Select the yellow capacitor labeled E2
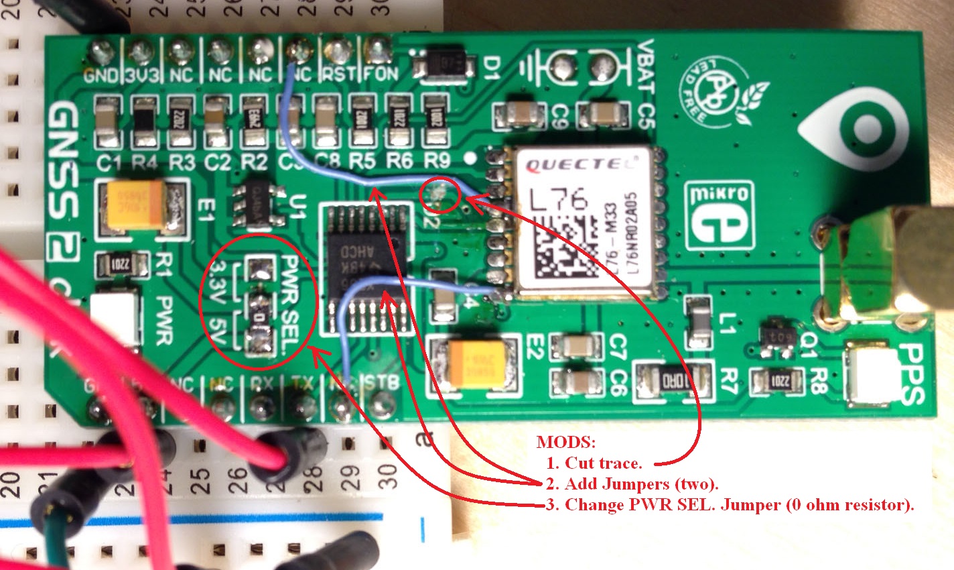click(x=475, y=362)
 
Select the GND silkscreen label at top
click(x=101, y=74)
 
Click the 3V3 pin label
click(x=141, y=74)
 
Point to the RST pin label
click(x=338, y=74)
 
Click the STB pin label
click(x=383, y=382)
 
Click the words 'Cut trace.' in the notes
click(x=603, y=463)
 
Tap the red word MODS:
click(x=565, y=443)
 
